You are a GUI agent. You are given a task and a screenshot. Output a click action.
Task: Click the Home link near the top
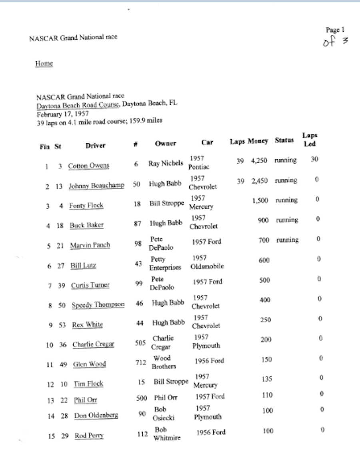point(44,64)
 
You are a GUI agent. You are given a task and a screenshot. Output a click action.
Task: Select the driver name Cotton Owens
point(88,166)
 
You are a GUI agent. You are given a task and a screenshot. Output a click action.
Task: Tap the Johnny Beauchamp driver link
point(96,186)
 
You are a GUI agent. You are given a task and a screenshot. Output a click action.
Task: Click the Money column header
point(258,141)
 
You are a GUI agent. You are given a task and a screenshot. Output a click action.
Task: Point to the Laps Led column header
point(310,140)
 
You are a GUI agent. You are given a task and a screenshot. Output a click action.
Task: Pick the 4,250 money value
point(259,160)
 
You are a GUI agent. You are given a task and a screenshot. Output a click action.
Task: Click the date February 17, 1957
point(62,113)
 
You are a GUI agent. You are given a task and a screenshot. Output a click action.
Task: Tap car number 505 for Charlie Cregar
point(140,343)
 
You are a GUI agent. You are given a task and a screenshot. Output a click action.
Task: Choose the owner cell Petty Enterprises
point(165,264)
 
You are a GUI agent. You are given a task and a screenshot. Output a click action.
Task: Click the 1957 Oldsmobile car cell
point(207,262)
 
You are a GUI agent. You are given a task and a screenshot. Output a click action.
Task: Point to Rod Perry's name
point(89,436)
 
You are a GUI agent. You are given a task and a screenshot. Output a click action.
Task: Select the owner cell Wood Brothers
point(163,362)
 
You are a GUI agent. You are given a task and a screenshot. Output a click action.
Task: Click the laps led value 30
point(314,160)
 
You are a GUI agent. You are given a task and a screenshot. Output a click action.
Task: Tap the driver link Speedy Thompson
point(98,305)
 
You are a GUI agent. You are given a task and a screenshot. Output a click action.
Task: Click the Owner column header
point(165,143)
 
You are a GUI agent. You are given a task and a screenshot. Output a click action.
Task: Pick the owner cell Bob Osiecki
point(164,414)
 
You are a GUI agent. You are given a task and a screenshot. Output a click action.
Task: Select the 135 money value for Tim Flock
point(267,379)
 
